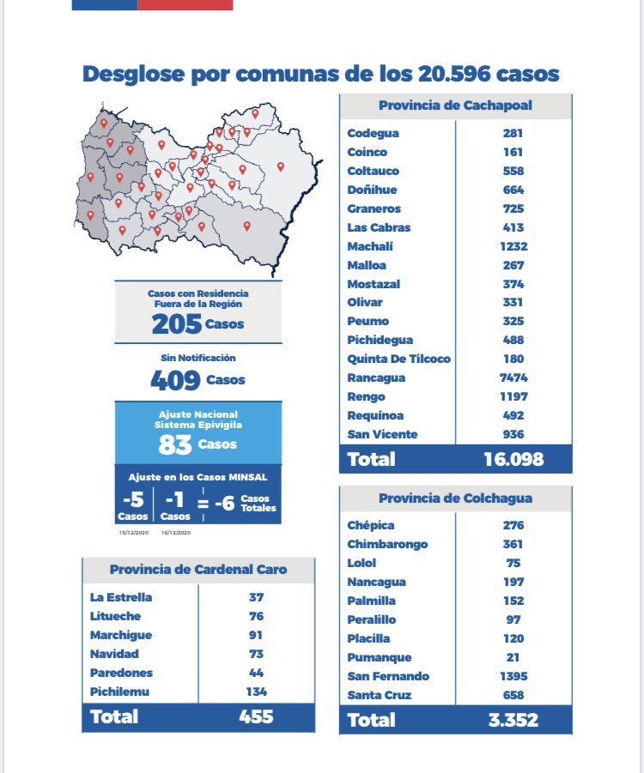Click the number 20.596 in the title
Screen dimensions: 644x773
(x=454, y=74)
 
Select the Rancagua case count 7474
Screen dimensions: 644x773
(x=513, y=377)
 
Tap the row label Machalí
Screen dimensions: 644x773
(x=370, y=246)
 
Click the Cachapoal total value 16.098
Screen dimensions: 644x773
(x=513, y=459)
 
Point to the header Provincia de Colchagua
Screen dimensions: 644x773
(x=455, y=498)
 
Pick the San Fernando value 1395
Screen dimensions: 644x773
(x=513, y=676)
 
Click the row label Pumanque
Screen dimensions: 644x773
(x=380, y=658)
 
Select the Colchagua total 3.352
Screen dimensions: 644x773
(x=513, y=720)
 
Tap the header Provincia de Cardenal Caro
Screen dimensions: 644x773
(x=198, y=570)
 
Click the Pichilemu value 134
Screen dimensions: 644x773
(x=256, y=691)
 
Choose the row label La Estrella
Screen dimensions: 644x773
(x=121, y=597)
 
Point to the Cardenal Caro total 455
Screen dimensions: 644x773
(x=256, y=716)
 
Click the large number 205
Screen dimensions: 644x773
(x=177, y=324)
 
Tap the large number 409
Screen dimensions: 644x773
(x=175, y=380)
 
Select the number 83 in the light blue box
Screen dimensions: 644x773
(x=174, y=444)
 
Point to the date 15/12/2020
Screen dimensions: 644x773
(x=134, y=533)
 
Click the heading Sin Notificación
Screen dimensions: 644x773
(x=198, y=358)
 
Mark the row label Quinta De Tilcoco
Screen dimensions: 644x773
(x=398, y=359)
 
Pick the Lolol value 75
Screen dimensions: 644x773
(x=513, y=563)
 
